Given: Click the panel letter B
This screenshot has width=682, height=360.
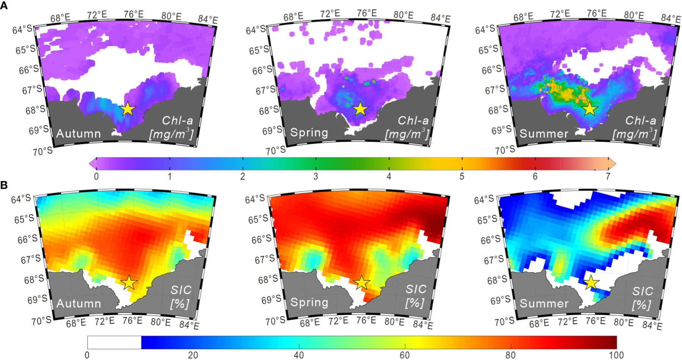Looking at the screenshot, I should pos(4,185).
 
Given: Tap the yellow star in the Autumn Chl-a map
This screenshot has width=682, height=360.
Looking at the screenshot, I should pos(128,109).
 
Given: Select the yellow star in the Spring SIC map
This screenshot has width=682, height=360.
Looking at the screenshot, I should pos(362,283).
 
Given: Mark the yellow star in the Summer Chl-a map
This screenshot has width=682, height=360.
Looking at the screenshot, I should pos(589,109).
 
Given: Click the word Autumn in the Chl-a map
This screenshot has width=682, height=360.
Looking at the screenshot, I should pos(79,134).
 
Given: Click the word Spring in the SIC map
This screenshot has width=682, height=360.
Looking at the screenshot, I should pos(309,302).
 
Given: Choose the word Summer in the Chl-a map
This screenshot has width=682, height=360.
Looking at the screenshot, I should pos(544,134).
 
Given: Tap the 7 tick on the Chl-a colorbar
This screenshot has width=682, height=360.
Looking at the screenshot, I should pos(608,176).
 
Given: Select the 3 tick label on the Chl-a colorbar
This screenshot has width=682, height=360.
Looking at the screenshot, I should pos(315,176).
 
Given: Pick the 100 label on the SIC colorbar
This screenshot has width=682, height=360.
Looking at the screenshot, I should pos(616,355).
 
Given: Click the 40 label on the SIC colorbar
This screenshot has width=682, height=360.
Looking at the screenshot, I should pos(299,355).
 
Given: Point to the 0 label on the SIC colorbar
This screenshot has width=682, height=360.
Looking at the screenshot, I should pos(87,355).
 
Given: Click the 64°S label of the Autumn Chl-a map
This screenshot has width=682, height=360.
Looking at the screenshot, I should pos(22,29).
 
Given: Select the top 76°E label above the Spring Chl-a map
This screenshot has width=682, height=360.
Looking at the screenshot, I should pos(366,13).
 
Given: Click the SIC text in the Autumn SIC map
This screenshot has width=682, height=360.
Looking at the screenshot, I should pos(181,290).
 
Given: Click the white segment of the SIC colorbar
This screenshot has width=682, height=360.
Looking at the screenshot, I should pos(114,342).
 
